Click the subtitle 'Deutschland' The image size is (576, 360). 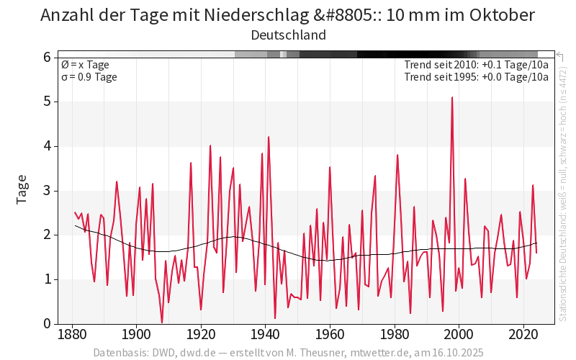(x=288, y=35)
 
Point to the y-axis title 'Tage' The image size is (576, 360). (x=22, y=189)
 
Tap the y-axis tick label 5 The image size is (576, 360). (x=47, y=102)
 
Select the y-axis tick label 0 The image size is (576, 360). (x=47, y=323)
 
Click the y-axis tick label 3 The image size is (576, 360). (x=47, y=190)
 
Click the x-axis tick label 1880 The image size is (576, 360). (x=71, y=336)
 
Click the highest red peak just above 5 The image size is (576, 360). (x=452, y=98)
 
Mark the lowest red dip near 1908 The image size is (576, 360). (x=162, y=322)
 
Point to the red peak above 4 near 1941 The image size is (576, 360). (x=269, y=137)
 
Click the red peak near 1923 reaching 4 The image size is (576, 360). (x=210, y=145)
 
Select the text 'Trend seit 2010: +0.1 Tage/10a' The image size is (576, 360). (x=477, y=65)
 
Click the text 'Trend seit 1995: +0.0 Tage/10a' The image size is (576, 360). (x=477, y=77)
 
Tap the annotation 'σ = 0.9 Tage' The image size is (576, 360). (x=89, y=77)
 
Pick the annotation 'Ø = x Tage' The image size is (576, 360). (x=85, y=65)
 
